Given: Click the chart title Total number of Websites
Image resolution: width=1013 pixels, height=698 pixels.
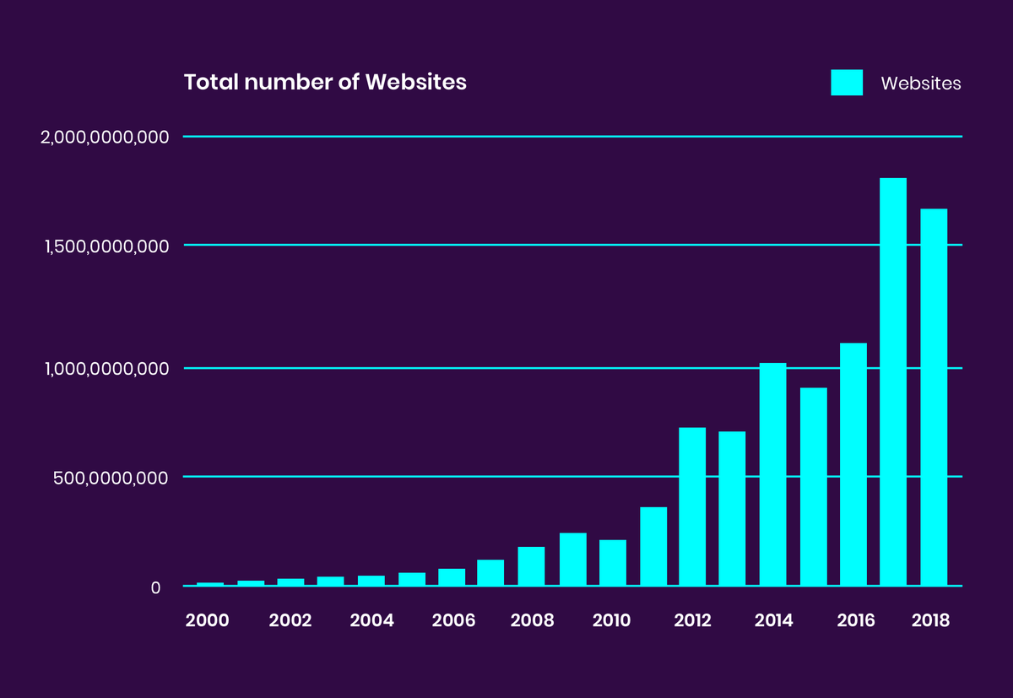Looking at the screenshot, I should (x=325, y=83).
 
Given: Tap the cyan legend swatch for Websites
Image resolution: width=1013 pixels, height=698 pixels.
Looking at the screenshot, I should (x=847, y=83).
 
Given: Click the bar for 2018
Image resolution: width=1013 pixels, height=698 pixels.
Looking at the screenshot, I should (x=934, y=397).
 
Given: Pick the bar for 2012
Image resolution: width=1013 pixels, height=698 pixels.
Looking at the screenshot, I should (x=692, y=506).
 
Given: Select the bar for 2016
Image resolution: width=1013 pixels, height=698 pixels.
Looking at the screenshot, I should (x=853, y=464).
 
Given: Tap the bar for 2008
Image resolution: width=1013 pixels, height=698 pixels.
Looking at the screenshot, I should (x=531, y=566).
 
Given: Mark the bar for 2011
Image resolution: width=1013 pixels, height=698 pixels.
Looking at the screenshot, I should (x=653, y=546).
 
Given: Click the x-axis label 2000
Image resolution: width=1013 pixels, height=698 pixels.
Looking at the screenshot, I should (x=207, y=620).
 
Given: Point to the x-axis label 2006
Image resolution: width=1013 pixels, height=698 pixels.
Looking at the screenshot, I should (x=453, y=620).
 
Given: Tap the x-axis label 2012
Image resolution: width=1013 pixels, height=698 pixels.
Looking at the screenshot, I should (x=693, y=620).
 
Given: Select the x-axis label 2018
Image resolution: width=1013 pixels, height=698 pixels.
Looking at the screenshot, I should (x=931, y=620).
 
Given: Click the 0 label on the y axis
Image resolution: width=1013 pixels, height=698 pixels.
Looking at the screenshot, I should (x=155, y=587).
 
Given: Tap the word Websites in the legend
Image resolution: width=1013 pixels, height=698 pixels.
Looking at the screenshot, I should (x=921, y=84).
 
